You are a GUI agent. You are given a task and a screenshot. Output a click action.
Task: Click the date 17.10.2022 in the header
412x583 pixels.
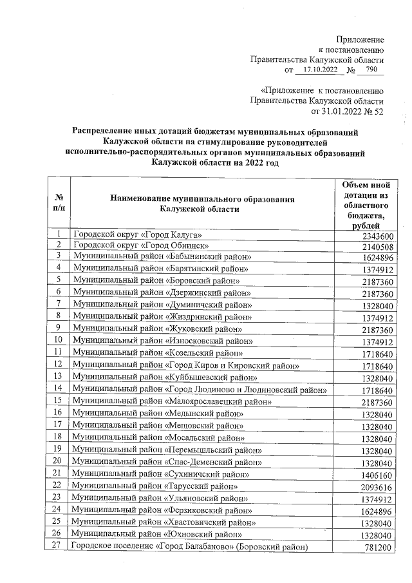316,70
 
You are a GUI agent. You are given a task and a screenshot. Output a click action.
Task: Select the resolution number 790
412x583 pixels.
371,70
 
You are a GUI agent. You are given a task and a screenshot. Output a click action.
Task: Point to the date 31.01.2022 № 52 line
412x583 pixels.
347,111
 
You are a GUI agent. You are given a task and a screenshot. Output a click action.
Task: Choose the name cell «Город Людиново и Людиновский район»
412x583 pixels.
200,389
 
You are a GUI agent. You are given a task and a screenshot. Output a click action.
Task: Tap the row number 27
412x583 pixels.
59,547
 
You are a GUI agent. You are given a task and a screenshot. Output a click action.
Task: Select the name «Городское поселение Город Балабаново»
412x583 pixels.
189,548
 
